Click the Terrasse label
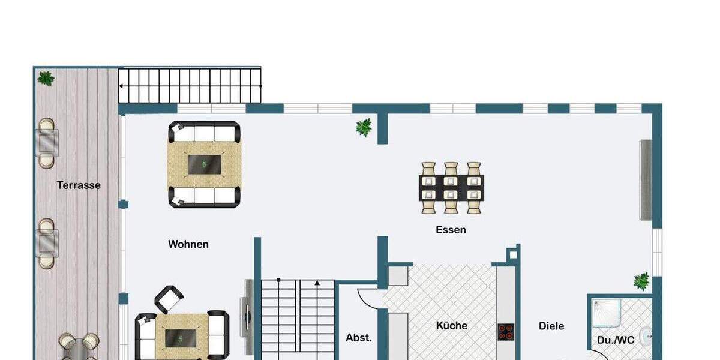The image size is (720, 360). (79, 185)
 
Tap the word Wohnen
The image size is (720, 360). (188, 244)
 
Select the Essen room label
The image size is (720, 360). (451, 230)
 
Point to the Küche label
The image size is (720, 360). (451, 326)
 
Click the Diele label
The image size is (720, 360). (551, 326)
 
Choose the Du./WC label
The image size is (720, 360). (615, 340)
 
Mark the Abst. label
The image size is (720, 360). (358, 338)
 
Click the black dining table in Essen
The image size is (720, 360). (451, 187)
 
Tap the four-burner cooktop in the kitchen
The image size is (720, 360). (505, 332)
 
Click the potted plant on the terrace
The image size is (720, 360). (46, 79)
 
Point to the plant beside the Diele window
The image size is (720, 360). (641, 281)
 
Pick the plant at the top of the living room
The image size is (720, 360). (363, 127)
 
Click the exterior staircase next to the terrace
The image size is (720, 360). (190, 86)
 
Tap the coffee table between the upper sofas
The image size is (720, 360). (204, 164)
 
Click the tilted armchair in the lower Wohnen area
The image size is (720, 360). (169, 299)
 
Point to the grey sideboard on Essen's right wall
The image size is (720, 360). (646, 180)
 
